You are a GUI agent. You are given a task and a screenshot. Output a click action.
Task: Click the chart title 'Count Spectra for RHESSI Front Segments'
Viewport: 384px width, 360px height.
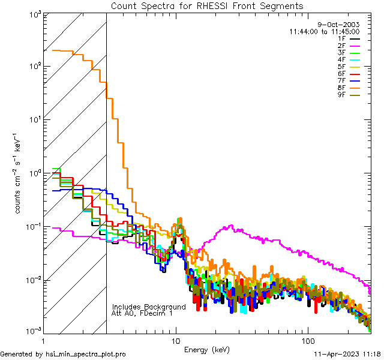click(207, 5)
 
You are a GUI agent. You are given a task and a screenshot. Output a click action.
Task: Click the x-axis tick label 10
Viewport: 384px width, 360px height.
click(176, 340)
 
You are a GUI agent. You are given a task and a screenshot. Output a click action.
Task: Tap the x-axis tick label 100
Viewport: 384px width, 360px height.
click(307, 340)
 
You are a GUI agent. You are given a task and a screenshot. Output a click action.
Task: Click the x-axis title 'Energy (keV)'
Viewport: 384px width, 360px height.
click(207, 349)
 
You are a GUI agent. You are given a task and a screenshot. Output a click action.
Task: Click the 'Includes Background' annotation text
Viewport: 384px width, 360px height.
click(149, 307)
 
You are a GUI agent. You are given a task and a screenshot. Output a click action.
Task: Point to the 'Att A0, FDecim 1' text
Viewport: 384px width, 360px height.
click(142, 313)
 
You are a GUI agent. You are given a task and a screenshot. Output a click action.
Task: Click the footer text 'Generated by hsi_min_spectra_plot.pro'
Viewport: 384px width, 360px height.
click(64, 355)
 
